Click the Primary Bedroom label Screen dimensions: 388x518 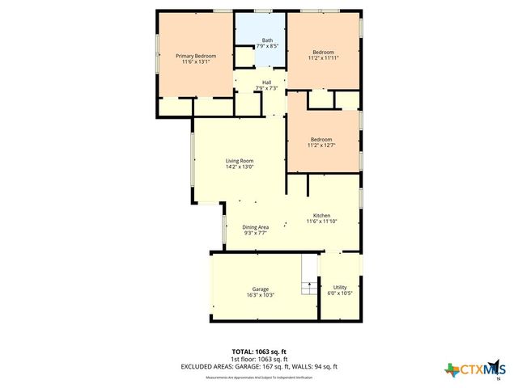tap(197, 55)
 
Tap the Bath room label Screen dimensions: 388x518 tap(266, 40)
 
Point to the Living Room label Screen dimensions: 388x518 tap(240, 161)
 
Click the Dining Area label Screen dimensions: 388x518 tap(255, 227)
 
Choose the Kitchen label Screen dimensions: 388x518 tap(321, 215)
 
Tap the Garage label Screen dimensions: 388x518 tap(260, 289)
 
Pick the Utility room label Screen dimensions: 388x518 tap(340, 287)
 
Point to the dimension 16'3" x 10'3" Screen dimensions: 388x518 tap(260, 295)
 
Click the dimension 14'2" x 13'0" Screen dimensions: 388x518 tap(240, 167)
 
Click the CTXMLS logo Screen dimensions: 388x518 tap(473, 369)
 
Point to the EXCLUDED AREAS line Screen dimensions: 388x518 tap(258, 366)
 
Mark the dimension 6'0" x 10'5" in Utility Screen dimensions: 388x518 tap(340, 293)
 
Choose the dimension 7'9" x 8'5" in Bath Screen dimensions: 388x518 tap(266, 47)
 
